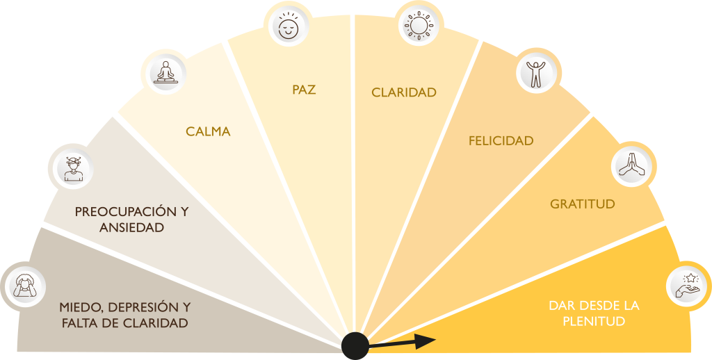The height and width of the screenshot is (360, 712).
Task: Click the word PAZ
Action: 304,90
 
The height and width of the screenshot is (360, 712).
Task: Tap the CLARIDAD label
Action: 403,92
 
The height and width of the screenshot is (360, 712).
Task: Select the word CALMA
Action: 208,131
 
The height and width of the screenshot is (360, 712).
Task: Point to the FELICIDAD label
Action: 501,141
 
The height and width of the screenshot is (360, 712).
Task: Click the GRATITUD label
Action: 582,204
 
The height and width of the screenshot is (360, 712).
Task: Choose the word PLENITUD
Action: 586,321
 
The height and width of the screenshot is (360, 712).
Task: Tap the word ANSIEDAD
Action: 131,227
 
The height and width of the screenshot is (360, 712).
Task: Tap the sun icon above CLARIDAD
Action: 419,26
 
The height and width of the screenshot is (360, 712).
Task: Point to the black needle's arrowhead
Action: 426,340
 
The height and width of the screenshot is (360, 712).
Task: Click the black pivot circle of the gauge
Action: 355,345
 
